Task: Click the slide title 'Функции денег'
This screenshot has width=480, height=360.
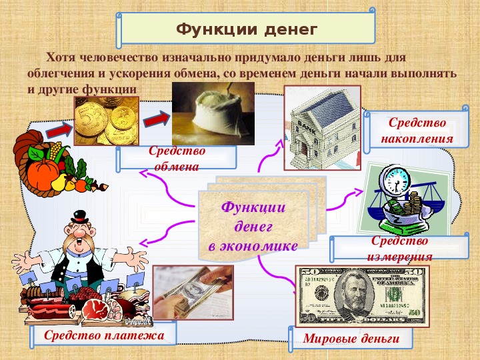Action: tap(247, 30)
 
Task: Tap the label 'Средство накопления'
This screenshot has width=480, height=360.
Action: tap(417, 131)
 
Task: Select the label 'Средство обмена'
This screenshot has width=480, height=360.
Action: tap(177, 159)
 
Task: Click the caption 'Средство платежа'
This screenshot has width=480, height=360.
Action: tap(104, 335)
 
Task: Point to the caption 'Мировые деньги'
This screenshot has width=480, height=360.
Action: tap(351, 339)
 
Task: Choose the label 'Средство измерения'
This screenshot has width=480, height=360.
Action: tap(399, 249)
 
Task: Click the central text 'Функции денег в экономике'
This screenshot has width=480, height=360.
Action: tap(253, 227)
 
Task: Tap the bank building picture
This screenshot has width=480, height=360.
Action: tap(323, 128)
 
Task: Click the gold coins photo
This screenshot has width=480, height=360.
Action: tap(107, 121)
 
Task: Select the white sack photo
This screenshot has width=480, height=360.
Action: tap(213, 113)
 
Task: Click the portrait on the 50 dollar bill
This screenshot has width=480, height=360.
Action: tap(355, 294)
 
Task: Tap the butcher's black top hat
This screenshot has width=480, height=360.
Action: tap(79, 217)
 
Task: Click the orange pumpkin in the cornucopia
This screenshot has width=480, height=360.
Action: tap(43, 174)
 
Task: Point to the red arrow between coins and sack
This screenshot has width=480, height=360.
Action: tap(157, 120)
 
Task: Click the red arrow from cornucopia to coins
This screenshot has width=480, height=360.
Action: tap(58, 131)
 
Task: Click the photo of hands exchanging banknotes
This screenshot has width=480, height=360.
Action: tap(193, 293)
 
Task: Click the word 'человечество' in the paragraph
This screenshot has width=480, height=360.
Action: tap(119, 57)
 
